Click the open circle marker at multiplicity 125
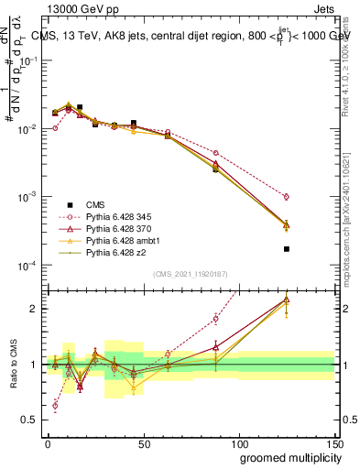click(287, 196)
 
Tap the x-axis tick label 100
click(238, 443)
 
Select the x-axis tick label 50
click(143, 443)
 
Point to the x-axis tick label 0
click(48, 443)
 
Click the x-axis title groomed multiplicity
click(286, 457)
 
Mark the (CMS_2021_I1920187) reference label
click(190, 274)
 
